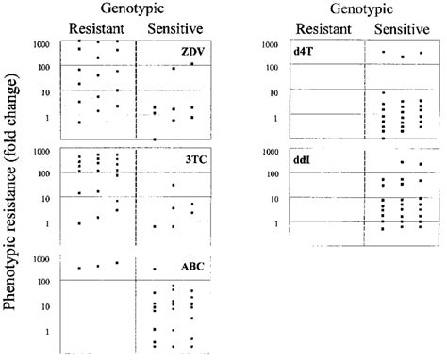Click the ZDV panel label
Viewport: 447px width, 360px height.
[195, 48]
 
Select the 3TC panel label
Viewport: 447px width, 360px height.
[195, 159]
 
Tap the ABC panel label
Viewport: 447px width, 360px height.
[194, 267]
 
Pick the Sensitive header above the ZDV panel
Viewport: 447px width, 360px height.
[171, 28]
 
